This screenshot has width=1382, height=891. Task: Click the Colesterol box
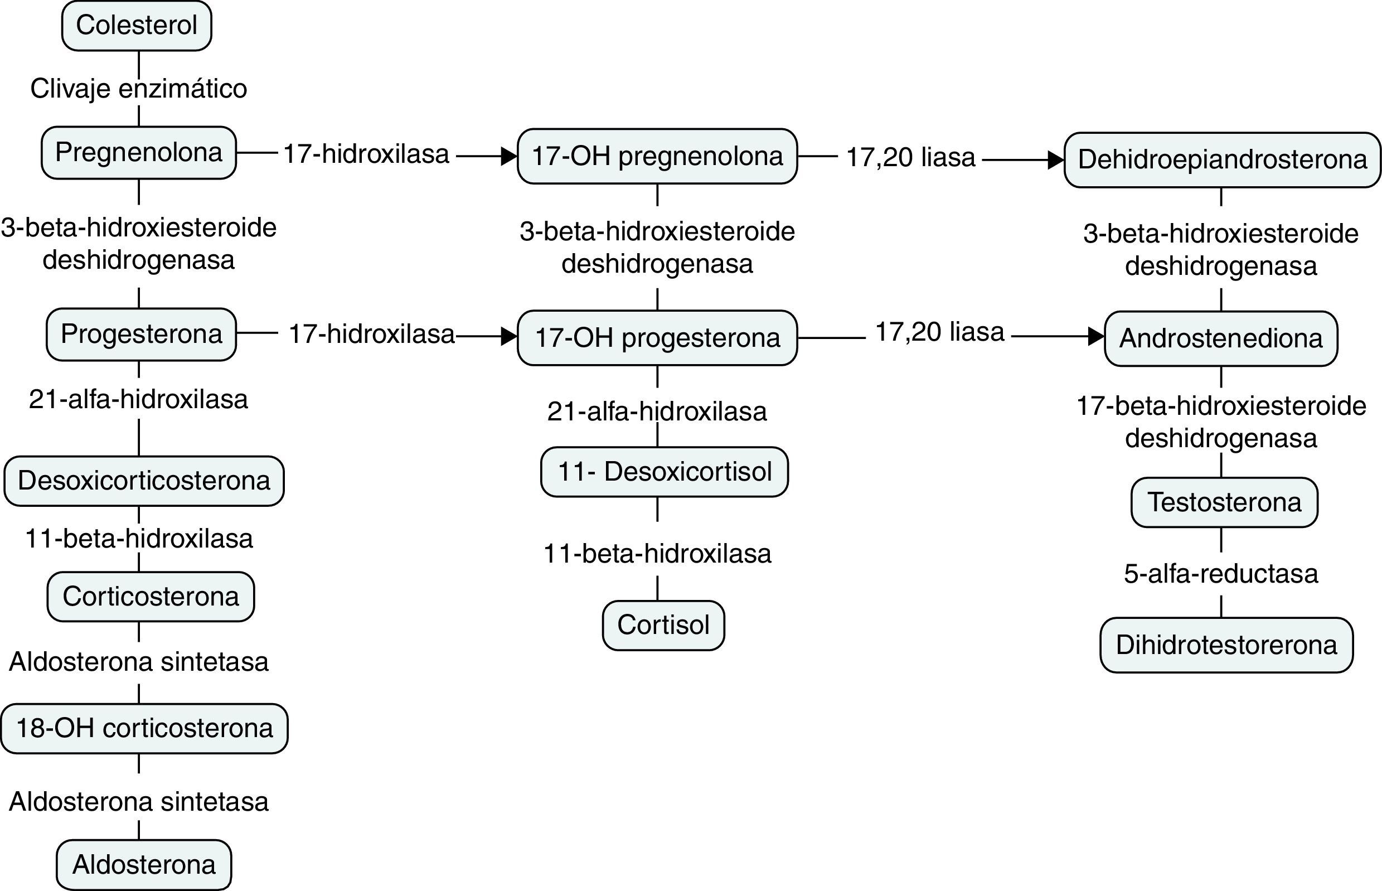click(137, 26)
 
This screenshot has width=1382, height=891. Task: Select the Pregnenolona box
click(138, 153)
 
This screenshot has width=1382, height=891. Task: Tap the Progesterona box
click(141, 335)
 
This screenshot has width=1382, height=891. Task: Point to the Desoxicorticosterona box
click(144, 481)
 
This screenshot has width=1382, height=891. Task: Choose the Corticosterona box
click(151, 597)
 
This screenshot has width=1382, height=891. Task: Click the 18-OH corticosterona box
click(144, 728)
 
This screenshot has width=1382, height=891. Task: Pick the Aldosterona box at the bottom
click(144, 865)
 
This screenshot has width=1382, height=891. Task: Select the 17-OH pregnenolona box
click(657, 156)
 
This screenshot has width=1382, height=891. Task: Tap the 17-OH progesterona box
click(657, 338)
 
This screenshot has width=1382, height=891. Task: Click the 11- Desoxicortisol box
click(664, 472)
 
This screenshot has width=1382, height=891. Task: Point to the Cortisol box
click(663, 626)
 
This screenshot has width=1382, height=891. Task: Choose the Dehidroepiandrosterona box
click(1223, 160)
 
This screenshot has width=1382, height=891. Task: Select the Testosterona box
click(1224, 502)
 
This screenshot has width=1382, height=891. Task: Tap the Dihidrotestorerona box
click(1226, 645)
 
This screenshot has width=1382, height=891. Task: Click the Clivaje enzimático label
click(139, 89)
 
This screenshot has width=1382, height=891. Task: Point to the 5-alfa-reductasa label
click(1220, 574)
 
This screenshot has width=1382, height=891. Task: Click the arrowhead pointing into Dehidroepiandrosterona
click(1056, 160)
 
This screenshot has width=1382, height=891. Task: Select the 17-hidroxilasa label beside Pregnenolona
click(366, 154)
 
